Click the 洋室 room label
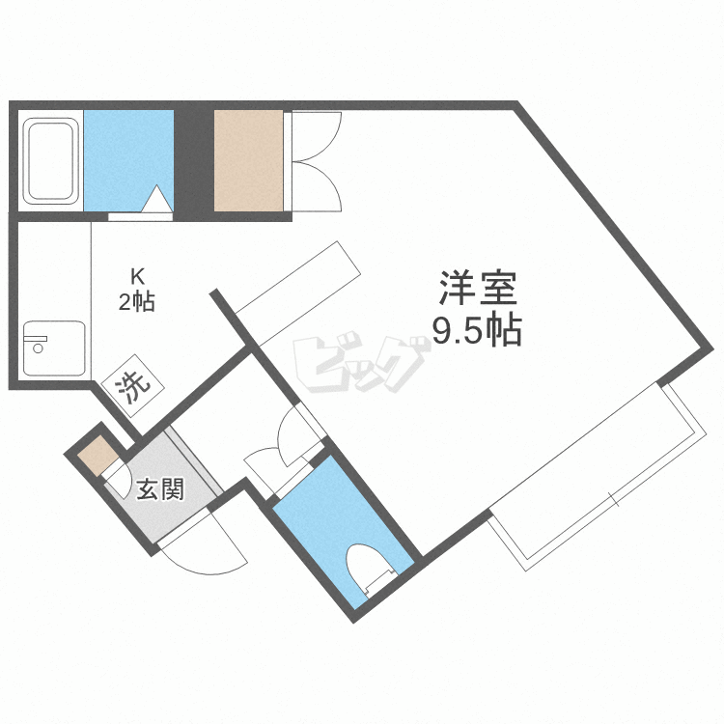tap(479, 288)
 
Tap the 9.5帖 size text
tap(477, 331)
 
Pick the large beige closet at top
tap(248, 160)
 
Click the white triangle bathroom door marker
tap(158, 200)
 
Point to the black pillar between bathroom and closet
tap(193, 160)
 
